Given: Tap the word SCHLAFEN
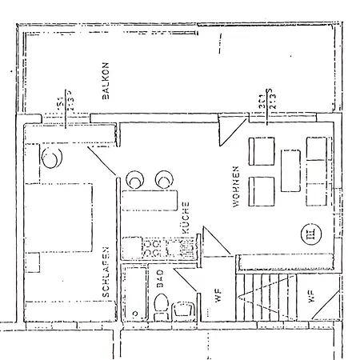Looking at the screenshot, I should click(106, 272).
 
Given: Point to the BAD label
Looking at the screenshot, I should click(160, 278).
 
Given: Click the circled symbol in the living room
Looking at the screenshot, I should click(308, 234).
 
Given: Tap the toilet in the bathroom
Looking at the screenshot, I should click(161, 306).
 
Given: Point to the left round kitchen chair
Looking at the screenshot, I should click(133, 177).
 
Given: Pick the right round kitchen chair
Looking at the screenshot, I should click(166, 177).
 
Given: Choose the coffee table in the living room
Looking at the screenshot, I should click(290, 170).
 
